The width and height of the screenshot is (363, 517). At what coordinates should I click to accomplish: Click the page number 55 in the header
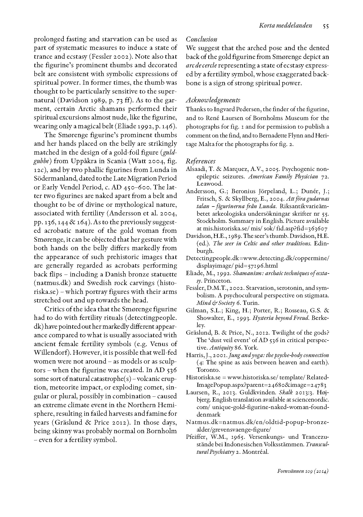pyautogui.click(x=325, y=26)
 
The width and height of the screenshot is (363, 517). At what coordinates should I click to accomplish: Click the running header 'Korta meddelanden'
pyautogui.click(x=285, y=26)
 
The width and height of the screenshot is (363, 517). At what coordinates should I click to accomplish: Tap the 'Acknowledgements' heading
pyautogui.click(x=213, y=100)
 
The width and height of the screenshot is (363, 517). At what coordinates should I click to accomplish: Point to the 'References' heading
pyautogui.click(x=201, y=161)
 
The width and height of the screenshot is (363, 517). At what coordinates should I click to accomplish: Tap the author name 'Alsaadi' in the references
pyautogui.click(x=195, y=169)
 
